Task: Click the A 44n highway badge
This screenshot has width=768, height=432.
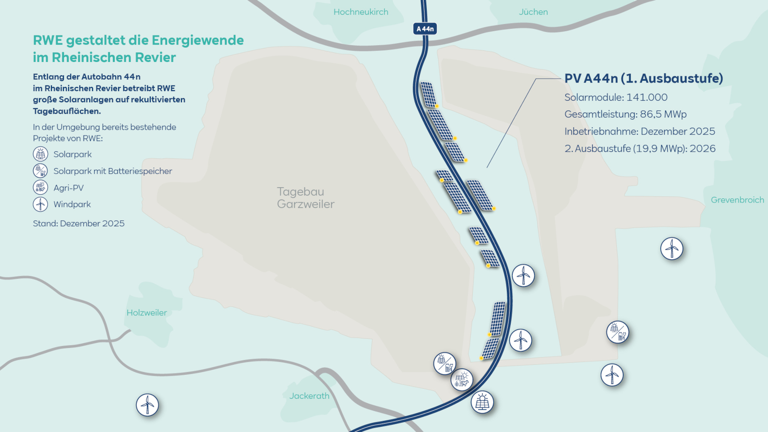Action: [425, 29]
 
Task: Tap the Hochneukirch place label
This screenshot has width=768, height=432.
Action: [361, 12]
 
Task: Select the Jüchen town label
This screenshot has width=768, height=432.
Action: [533, 12]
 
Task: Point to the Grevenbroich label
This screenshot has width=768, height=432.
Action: [737, 200]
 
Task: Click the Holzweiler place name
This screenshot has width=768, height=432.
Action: [146, 312]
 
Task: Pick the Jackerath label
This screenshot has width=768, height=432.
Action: [309, 396]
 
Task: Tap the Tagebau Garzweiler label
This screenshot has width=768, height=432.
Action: [305, 198]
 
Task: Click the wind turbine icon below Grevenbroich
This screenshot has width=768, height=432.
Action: [672, 249]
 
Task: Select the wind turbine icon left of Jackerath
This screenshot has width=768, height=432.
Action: [147, 405]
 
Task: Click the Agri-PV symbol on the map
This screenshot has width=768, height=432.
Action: [462, 380]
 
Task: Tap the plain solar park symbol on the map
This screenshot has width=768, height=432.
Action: [482, 402]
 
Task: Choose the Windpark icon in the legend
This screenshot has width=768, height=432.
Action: [40, 204]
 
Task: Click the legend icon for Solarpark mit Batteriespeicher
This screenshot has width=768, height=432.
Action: [40, 170]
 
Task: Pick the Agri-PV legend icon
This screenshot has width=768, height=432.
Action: [40, 187]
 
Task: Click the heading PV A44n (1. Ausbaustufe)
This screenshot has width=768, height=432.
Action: [643, 78]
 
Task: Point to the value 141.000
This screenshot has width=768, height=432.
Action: [647, 97]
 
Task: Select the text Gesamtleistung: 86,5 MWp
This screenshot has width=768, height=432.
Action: [625, 114]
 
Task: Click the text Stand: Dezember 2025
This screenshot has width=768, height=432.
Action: [79, 223]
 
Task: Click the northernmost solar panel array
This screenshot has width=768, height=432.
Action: [428, 94]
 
